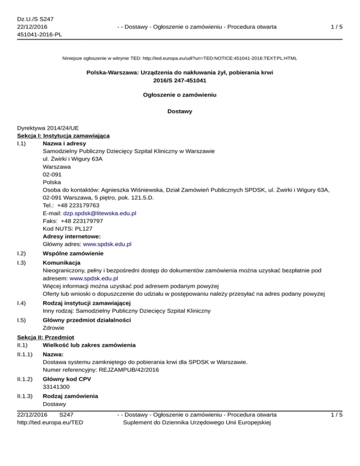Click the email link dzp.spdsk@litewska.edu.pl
(99, 213)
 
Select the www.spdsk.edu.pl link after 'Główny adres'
(107, 244)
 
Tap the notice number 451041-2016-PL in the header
(39, 34)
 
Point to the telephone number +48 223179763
(75, 205)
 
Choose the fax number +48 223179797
(77, 221)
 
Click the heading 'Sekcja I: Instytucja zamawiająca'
(63, 135)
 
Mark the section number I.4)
(22, 302)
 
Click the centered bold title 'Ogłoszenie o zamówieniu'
(180, 94)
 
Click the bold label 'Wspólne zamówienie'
(73, 254)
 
